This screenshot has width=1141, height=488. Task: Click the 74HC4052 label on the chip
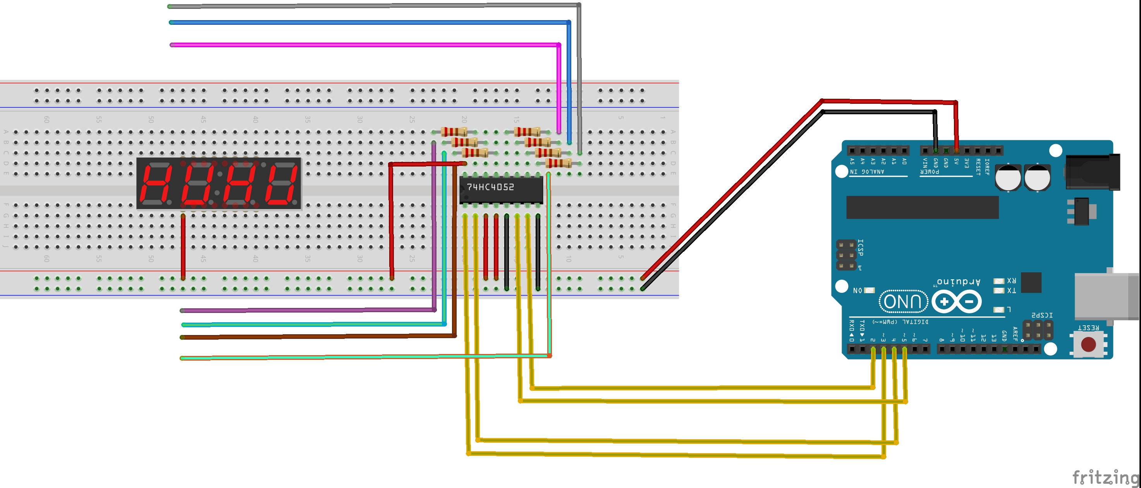[x=490, y=187]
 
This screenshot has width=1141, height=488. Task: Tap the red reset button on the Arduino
[x=1088, y=344]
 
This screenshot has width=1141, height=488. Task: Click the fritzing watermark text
[x=1105, y=478]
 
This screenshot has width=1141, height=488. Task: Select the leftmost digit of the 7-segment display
[x=155, y=183]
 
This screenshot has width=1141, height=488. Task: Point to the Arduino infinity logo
[x=957, y=302]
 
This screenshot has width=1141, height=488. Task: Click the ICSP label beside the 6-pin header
[x=860, y=248]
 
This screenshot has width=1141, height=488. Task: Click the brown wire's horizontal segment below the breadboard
[x=310, y=337]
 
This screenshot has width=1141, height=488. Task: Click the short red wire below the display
[x=183, y=246]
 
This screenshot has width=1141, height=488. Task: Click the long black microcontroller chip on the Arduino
[x=922, y=207]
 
